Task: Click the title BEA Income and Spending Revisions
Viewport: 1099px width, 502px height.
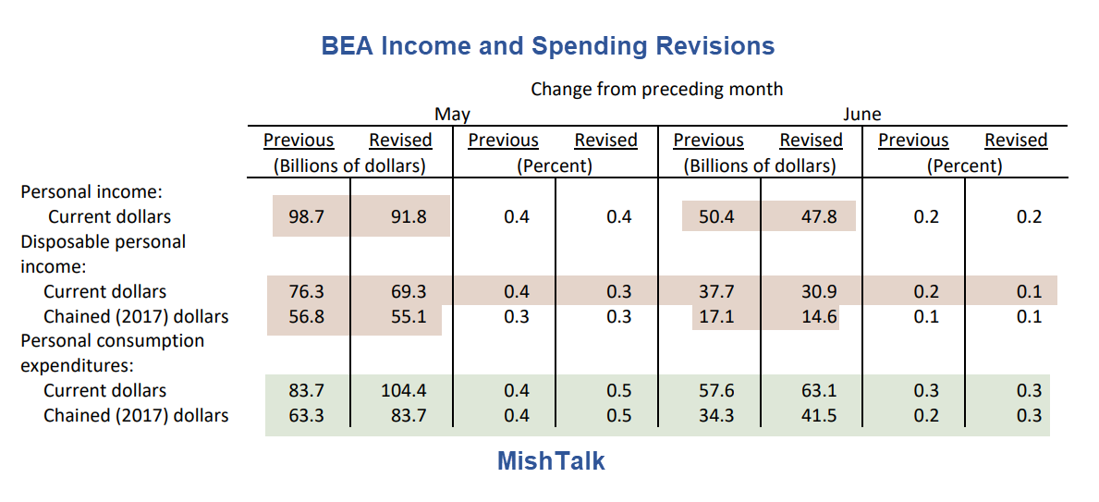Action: tap(548, 46)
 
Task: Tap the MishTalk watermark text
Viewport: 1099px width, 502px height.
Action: tap(551, 460)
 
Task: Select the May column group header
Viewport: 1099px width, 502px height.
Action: tap(452, 115)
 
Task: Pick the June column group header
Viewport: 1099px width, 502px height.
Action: tap(861, 115)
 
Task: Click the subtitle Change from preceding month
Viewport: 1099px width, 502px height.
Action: tap(656, 90)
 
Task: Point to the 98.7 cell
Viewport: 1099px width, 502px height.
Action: tap(306, 217)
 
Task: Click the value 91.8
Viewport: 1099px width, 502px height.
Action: tap(408, 217)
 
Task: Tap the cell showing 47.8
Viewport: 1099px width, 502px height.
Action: tap(818, 217)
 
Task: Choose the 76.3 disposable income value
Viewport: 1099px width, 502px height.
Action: tap(306, 292)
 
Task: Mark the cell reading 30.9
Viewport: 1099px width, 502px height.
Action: tap(818, 292)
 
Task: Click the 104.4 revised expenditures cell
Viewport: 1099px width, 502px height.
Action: tap(403, 391)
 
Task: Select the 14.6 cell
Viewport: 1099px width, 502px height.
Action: tap(818, 317)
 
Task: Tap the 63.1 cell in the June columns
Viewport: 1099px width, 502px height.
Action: tap(818, 391)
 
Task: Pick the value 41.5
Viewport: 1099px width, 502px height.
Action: tap(818, 416)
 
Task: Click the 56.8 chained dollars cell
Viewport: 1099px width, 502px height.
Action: tap(306, 317)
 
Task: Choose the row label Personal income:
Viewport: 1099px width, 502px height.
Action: tap(92, 192)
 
